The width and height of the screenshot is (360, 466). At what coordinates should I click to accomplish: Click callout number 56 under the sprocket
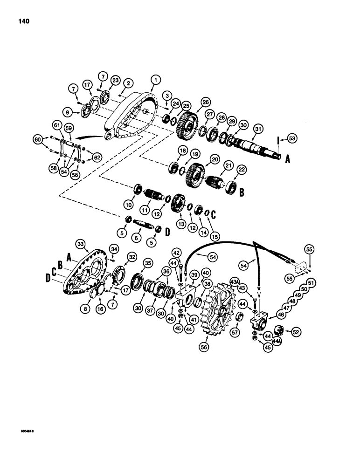point(203,347)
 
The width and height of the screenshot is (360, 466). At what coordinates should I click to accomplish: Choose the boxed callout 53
point(293,138)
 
